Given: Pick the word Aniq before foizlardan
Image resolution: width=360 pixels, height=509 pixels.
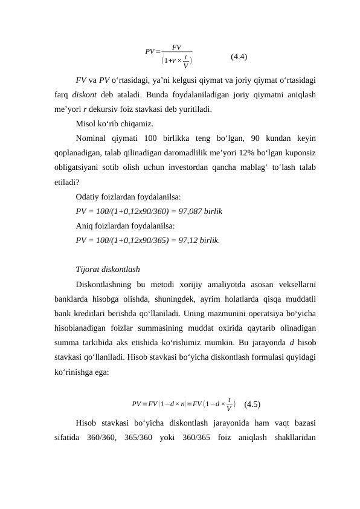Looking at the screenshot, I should tap(86, 225).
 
